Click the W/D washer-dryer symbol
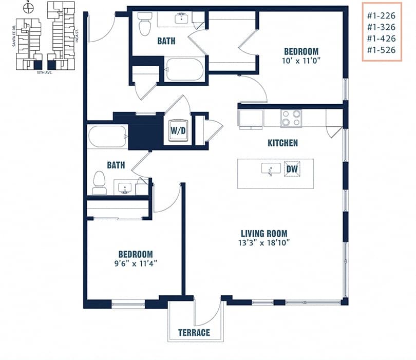(178, 131)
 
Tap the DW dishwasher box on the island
(292, 169)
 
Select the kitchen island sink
(271, 169)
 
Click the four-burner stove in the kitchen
(291, 119)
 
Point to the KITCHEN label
(282, 143)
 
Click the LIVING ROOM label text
(264, 233)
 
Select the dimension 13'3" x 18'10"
(264, 243)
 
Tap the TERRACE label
(194, 332)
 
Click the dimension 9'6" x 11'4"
(136, 263)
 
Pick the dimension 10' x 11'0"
(301, 61)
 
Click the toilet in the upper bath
(145, 23)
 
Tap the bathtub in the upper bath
(185, 69)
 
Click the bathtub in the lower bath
(107, 137)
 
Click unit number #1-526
(381, 50)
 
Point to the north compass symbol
(29, 8)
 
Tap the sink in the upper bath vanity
(181, 20)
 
